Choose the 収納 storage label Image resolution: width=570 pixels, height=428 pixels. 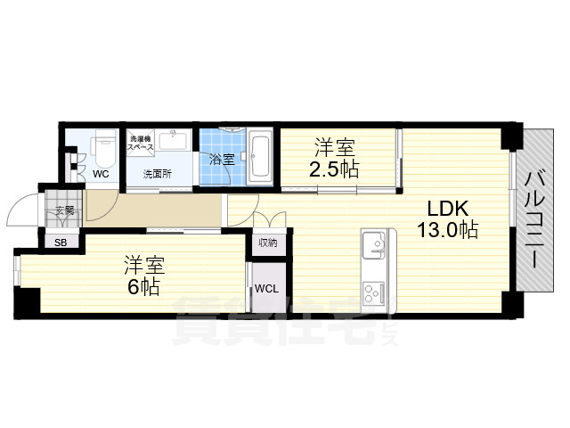(x=267, y=243)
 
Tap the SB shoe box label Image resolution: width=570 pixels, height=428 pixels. (x=61, y=242)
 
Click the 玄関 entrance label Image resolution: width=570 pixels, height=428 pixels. (x=64, y=211)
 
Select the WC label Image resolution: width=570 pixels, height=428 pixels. (x=101, y=175)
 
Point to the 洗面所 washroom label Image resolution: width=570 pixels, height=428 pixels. (x=157, y=175)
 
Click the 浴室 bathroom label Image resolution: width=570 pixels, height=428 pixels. (x=222, y=160)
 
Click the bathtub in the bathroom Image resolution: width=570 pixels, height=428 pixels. (x=261, y=155)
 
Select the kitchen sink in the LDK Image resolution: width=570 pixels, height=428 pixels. (x=371, y=243)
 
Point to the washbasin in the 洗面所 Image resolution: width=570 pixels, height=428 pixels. (x=175, y=141)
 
